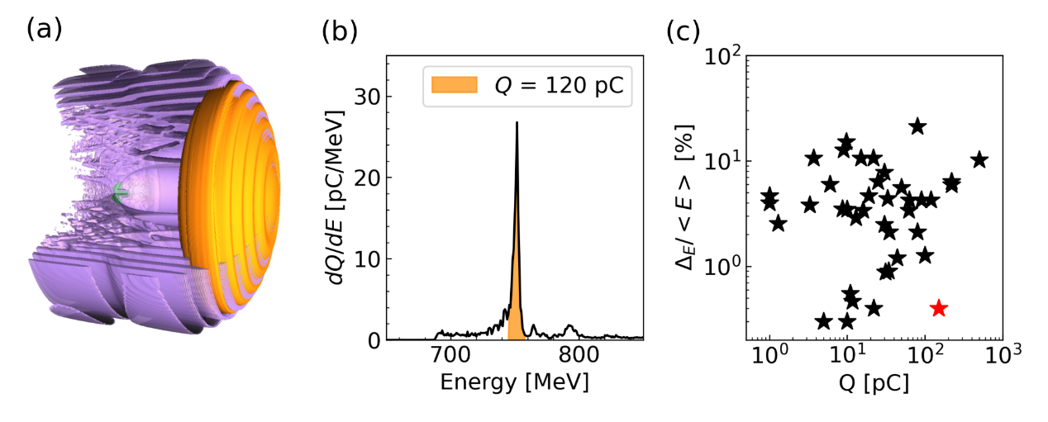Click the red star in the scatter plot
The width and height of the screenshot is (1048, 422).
click(938, 308)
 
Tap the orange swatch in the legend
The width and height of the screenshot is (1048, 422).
click(454, 86)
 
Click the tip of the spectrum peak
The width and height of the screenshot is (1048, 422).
click(517, 123)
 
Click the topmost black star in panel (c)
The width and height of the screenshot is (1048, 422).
click(917, 126)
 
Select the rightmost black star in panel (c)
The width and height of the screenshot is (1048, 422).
click(979, 159)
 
